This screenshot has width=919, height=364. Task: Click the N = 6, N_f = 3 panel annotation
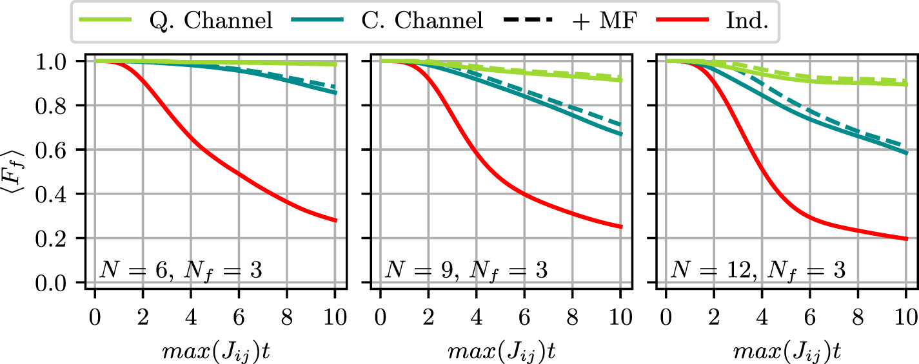click(x=181, y=269)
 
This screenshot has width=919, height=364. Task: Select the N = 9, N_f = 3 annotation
click(x=466, y=269)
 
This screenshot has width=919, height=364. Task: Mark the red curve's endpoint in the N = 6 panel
click(x=335, y=220)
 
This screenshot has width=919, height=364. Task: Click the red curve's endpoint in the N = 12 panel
click(x=906, y=239)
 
